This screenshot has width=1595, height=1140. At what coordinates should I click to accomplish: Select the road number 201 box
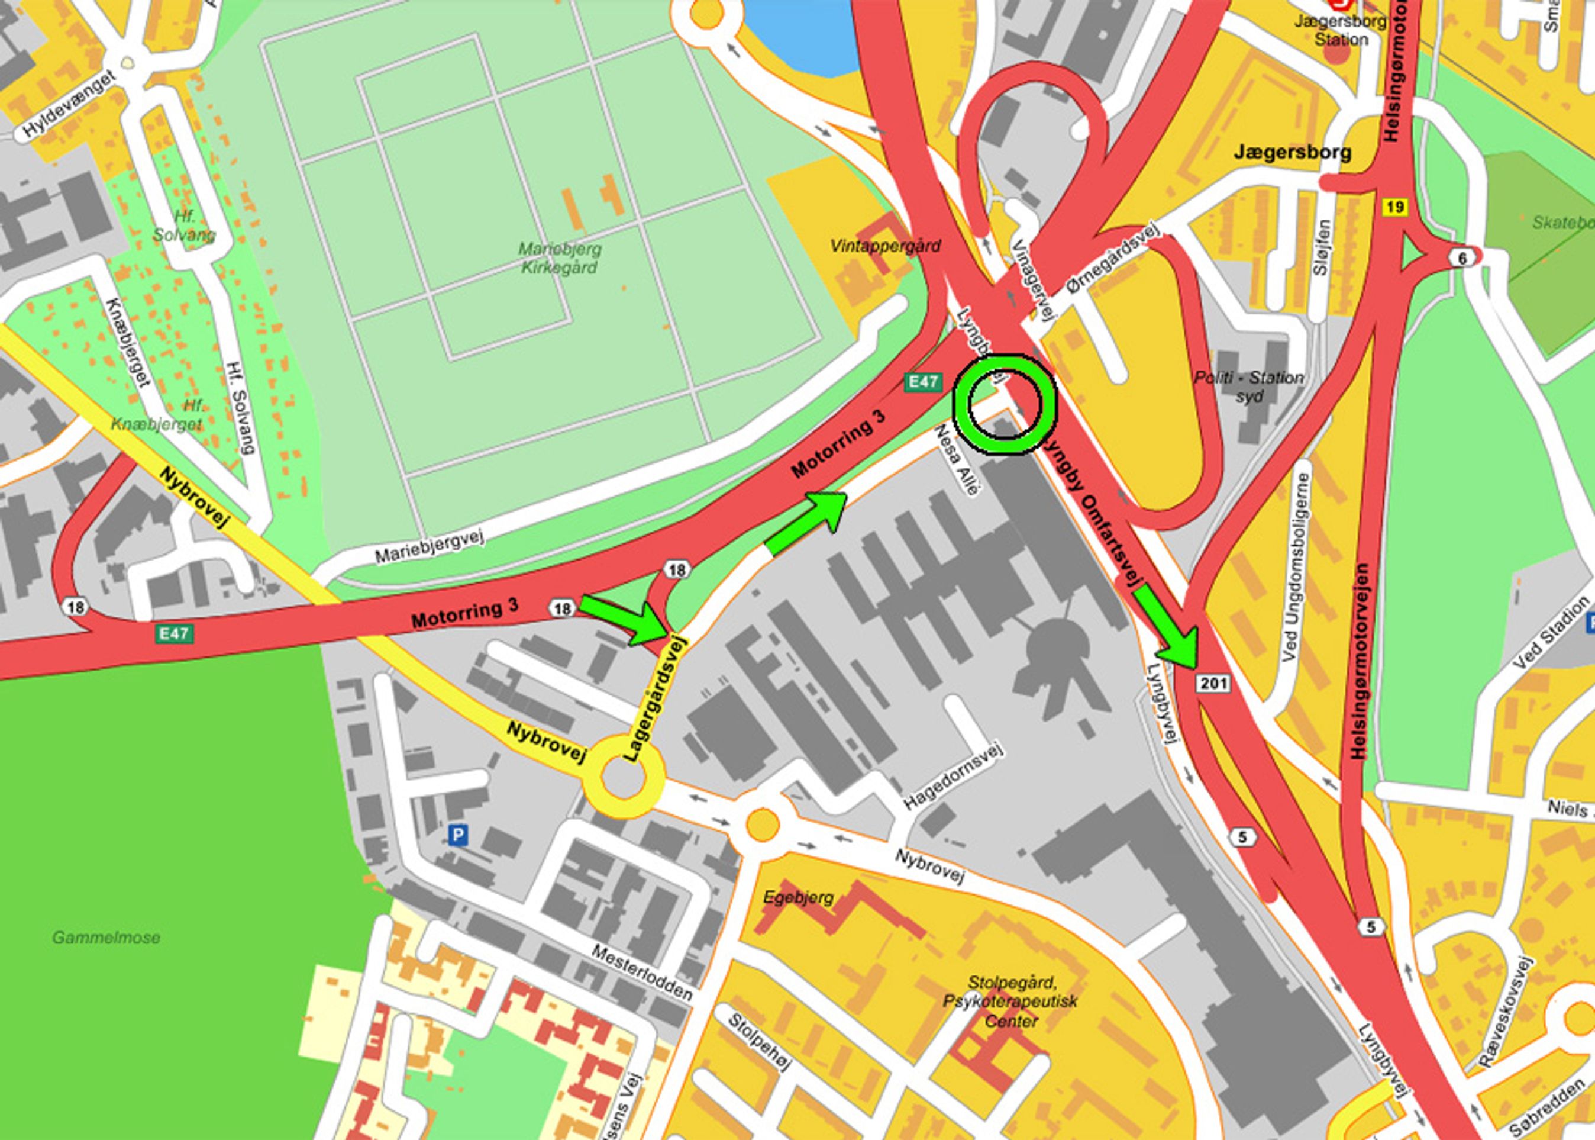1214,682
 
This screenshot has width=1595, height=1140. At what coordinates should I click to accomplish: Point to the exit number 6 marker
1462,258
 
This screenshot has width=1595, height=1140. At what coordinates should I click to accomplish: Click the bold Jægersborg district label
1292,152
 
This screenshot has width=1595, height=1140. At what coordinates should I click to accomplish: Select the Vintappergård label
885,246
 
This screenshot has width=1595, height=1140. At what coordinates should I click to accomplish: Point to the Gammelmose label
106,937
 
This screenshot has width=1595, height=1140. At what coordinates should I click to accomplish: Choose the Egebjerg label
799,897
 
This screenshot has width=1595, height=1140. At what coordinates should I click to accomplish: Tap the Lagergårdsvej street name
653,698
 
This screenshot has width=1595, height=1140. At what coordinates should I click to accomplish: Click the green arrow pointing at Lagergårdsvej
625,619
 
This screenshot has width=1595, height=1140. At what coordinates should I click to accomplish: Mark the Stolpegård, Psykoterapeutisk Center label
1011,1000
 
